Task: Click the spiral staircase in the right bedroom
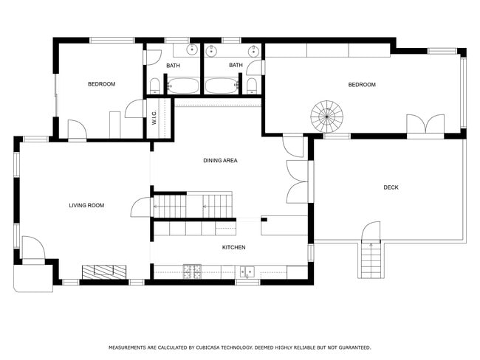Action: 327,116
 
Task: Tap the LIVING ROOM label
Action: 86,205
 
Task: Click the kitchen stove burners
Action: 193,271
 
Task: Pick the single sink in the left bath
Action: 191,50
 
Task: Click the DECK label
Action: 391,187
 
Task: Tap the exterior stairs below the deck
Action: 371,260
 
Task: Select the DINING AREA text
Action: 220,160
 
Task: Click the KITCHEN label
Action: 233,247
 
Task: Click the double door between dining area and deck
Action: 297,181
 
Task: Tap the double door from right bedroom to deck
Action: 425,127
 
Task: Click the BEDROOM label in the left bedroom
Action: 102,84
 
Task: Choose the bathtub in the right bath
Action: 222,86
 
